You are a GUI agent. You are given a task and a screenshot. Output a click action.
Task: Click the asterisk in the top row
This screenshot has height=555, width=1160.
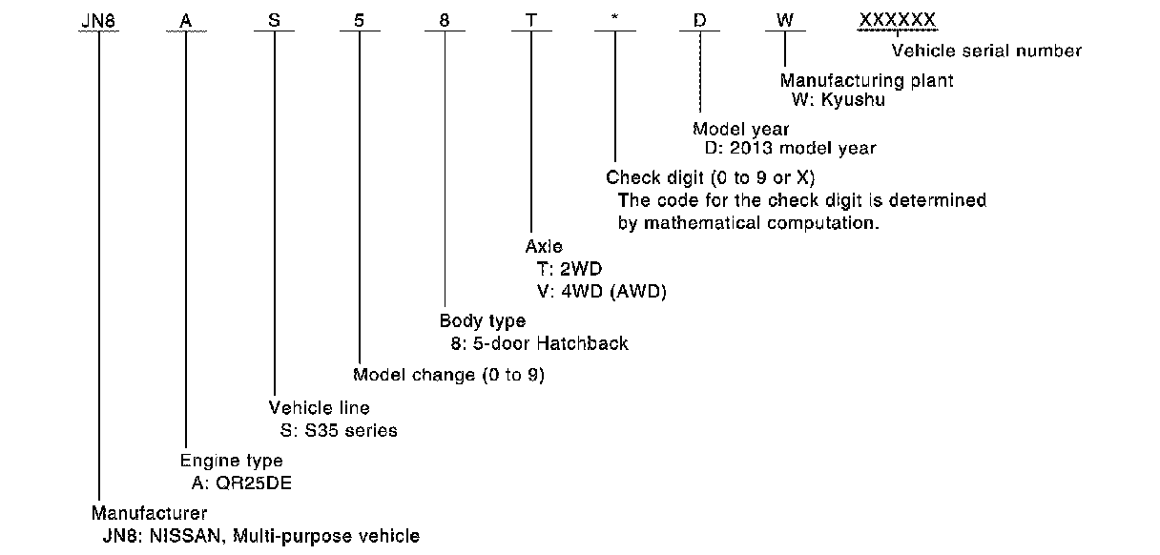coord(614,20)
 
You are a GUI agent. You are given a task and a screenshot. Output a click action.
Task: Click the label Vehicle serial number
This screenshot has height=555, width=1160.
coord(986,51)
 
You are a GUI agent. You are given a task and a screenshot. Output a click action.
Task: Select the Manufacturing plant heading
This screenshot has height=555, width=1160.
coord(866,81)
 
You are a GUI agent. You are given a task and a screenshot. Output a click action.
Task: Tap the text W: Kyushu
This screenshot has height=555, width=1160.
coord(838,99)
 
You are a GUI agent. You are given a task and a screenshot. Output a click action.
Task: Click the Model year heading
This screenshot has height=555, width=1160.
coord(740,129)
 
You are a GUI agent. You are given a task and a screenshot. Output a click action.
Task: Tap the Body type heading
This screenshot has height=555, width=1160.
coord(482,321)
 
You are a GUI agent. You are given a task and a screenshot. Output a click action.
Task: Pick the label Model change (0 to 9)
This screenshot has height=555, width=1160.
coord(448,375)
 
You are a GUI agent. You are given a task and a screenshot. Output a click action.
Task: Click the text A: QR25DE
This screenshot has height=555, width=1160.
coord(240,482)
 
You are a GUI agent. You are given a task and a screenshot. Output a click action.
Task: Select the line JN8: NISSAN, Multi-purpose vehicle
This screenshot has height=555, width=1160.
coord(260,535)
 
